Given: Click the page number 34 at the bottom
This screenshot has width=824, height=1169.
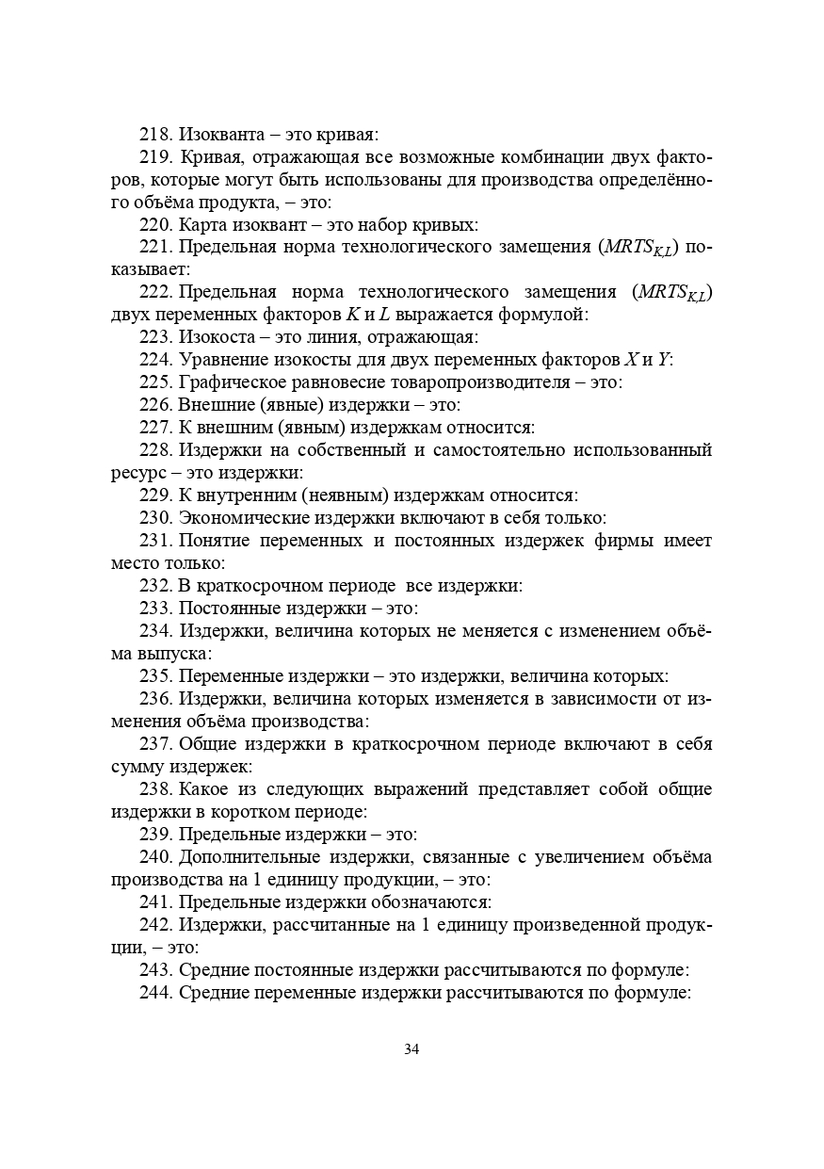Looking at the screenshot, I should (x=412, y=1049).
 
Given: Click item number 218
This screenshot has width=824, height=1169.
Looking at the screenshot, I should (x=156, y=135).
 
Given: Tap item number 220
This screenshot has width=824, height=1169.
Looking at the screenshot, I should (x=156, y=225).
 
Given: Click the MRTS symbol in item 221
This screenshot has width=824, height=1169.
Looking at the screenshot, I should (x=641, y=249).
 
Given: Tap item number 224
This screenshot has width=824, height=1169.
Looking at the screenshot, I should (x=156, y=360).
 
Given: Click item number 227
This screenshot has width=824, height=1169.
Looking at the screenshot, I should (x=156, y=428).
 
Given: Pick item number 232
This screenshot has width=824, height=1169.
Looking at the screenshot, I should (x=156, y=586).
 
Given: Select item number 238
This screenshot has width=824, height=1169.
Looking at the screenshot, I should (x=156, y=789).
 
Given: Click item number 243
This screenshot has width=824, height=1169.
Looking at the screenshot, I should (x=156, y=970).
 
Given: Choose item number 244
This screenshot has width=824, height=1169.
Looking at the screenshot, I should (x=156, y=993).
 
